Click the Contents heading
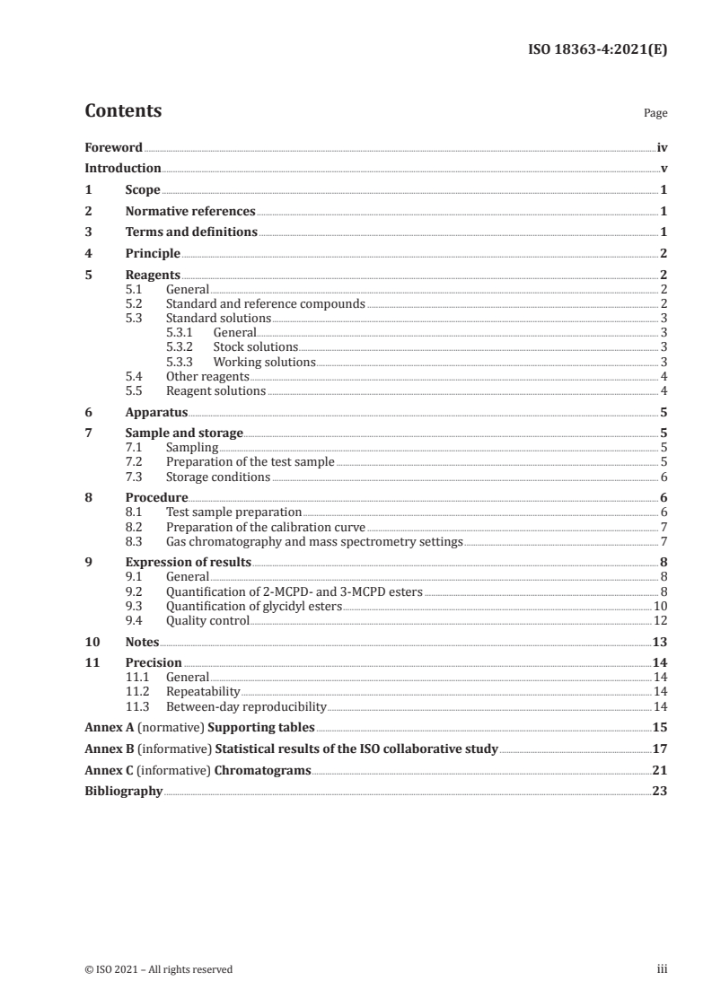(x=123, y=111)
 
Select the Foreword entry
(x=113, y=146)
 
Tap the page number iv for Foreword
(x=662, y=146)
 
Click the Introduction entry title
(x=123, y=168)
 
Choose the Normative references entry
(x=190, y=212)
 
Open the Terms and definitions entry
(x=191, y=232)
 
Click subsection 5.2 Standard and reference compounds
(x=265, y=303)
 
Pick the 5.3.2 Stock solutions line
(x=255, y=346)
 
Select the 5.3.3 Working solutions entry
(x=264, y=362)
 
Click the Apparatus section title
(x=156, y=413)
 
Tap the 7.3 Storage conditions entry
(x=217, y=477)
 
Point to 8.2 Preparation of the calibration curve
(x=266, y=526)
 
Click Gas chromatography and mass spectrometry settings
(x=314, y=541)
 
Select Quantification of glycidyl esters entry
(x=254, y=606)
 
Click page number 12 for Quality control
(x=661, y=620)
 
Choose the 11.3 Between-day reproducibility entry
(x=245, y=706)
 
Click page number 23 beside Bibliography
(x=660, y=791)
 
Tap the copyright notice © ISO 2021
(x=158, y=968)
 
